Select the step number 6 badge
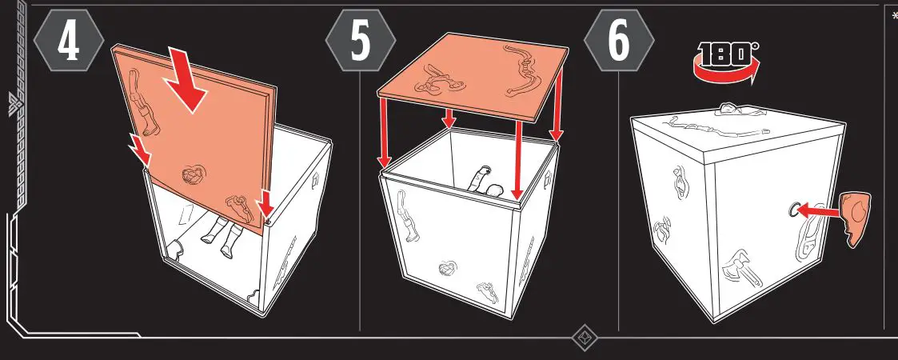[x=618, y=42]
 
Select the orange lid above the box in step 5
[x=472, y=76]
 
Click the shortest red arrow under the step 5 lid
[x=449, y=118]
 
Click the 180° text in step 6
[x=728, y=54]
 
